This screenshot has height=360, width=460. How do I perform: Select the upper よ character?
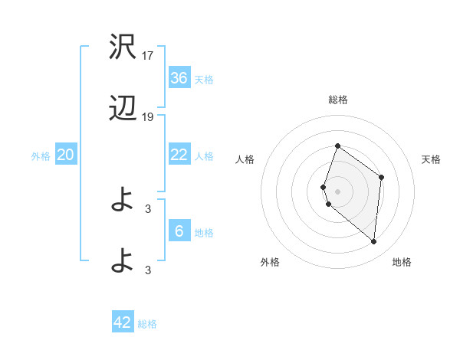tap(123, 201)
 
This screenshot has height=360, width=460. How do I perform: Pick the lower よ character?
tap(123, 262)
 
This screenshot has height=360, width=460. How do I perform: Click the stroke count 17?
tap(149, 56)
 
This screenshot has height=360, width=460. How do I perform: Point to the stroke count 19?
tap(149, 117)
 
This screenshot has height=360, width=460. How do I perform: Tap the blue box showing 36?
tap(179, 78)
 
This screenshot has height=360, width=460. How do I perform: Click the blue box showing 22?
tap(179, 155)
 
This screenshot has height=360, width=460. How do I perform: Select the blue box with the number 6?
tap(179, 231)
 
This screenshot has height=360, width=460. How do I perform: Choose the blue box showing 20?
tap(66, 155)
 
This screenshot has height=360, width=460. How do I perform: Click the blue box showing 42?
tap(123, 322)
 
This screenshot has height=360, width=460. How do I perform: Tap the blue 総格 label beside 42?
tap(147, 324)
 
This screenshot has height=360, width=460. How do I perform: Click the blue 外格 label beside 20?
tap(41, 156)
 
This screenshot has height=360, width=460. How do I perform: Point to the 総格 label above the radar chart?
tap(337, 100)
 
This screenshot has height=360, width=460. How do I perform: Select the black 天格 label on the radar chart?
tap(432, 159)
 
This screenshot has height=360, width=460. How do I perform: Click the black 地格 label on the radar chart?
tap(402, 263)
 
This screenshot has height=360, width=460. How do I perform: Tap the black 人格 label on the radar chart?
tap(245, 159)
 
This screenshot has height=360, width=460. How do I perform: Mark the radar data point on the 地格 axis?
tap(373, 241)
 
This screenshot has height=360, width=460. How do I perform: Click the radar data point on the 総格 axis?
tap(337, 146)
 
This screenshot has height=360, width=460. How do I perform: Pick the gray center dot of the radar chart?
tap(337, 191)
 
